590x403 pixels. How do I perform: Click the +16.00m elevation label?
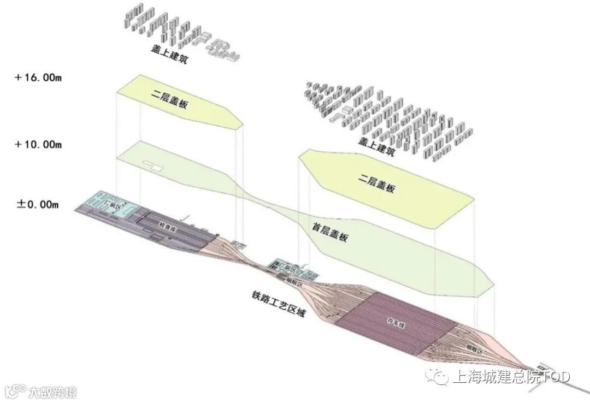tap(38, 78)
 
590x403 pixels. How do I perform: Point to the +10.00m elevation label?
tap(38, 144)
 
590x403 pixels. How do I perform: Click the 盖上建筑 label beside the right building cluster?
tap(376, 147)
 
